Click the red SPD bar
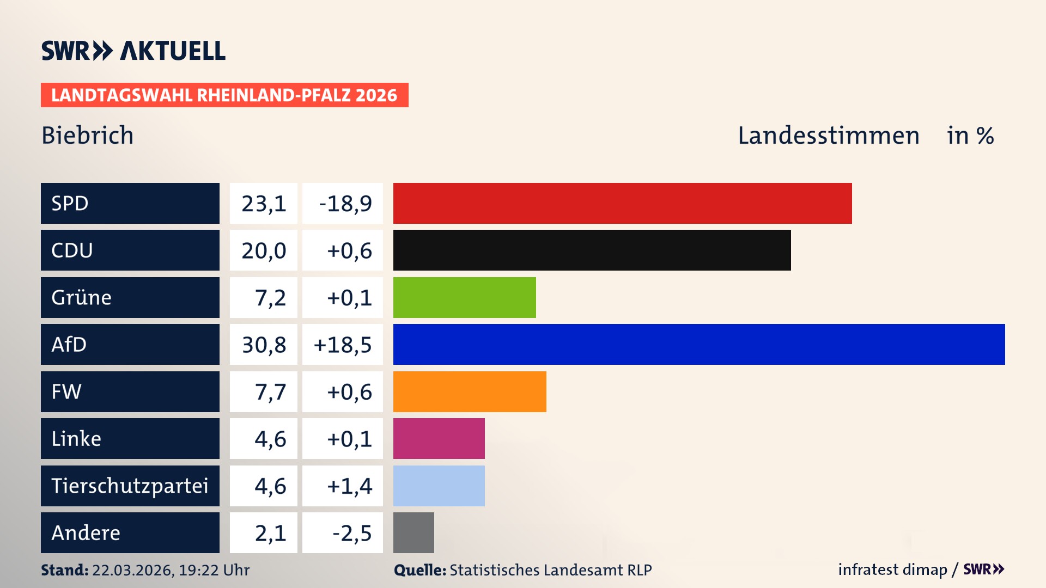pos(622,203)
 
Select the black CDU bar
pos(592,250)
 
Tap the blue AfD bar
pos(699,344)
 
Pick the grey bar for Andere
pos(413,532)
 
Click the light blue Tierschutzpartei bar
pos(439,486)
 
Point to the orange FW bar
pos(470,391)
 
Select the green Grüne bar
pos(464,297)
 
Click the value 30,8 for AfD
pos(264,345)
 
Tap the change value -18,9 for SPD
pos(345,204)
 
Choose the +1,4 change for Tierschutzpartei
pos(349,486)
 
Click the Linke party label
pos(76,439)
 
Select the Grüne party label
pos(81,298)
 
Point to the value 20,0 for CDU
pos(264,250)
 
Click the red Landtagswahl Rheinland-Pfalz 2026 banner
pos(224,95)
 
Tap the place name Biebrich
pos(88,136)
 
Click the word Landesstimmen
pos(828,136)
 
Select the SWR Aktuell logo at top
pos(133,51)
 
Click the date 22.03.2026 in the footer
pos(133,570)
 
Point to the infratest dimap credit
pos(892,569)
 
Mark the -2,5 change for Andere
pos(351,533)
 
